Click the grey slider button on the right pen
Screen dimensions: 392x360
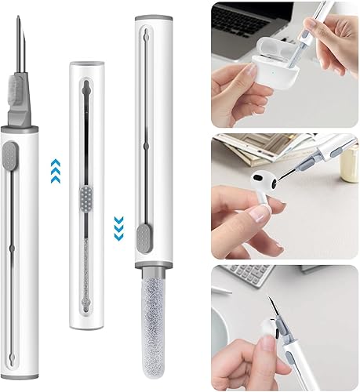point(143,238)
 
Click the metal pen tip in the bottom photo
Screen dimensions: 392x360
point(272,314)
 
